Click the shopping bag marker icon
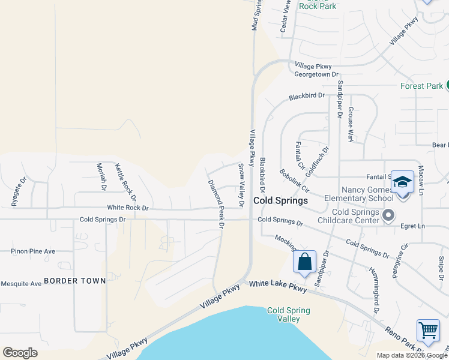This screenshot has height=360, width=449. point(304,262)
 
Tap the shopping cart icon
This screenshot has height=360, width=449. point(427,331)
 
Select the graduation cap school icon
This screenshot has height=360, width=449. point(402,182)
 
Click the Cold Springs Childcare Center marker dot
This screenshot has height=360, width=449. point(388,214)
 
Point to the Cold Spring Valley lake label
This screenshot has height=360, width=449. point(284,314)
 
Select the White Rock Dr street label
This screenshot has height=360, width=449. point(127,207)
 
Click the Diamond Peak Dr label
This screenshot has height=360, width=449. point(215,204)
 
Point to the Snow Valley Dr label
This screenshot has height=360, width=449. point(241,185)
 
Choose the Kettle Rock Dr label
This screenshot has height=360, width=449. point(125,182)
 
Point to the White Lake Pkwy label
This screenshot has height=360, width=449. point(278,286)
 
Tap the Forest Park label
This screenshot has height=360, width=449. point(421,86)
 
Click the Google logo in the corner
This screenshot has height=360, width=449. point(20,353)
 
